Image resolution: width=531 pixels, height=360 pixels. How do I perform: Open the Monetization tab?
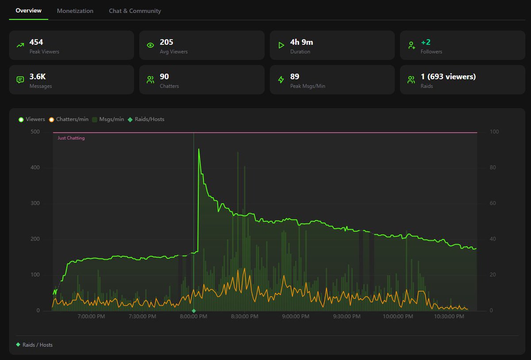click(75, 11)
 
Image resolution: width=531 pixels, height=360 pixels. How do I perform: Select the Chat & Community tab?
click(135, 11)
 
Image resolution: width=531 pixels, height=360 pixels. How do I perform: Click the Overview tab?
click(28, 11)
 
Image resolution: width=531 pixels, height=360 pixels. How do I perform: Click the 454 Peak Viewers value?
click(36, 42)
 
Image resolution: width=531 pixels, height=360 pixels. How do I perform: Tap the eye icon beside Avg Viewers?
click(150, 45)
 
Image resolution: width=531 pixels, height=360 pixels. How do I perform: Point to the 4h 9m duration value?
click(301, 42)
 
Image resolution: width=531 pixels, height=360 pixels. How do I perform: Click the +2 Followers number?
click(426, 42)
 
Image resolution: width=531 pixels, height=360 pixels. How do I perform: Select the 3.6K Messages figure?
click(38, 77)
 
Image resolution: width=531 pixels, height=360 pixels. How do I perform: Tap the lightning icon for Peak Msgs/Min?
click(281, 80)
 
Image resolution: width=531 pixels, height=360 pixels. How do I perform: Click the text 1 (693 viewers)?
click(448, 77)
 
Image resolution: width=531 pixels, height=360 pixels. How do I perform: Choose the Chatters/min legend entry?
click(69, 119)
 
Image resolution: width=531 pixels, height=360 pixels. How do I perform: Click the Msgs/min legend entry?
click(108, 119)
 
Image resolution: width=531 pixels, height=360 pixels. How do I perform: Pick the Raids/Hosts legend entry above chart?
click(146, 119)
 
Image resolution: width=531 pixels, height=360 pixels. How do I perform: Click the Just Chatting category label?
click(71, 138)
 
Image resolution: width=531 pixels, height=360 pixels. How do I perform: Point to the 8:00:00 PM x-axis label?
click(193, 316)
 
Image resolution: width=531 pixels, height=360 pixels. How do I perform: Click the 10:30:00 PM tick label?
click(449, 316)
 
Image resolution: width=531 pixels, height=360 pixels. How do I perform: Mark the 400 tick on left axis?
click(35, 168)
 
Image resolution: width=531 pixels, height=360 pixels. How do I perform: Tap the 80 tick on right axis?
click(493, 168)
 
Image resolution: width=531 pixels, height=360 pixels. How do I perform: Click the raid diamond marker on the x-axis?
click(194, 311)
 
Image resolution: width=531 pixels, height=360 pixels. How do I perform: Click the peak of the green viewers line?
click(199, 149)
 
